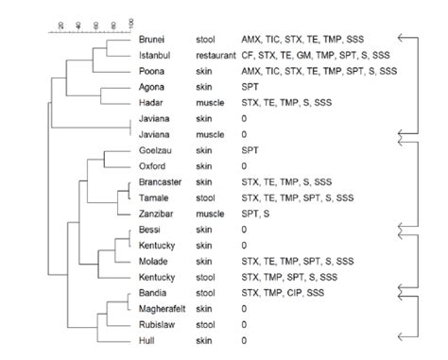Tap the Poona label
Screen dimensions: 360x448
click(x=151, y=71)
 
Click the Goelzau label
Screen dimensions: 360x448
click(x=154, y=150)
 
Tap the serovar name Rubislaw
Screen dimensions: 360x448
click(x=156, y=324)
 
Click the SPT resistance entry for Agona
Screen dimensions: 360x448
click(x=250, y=87)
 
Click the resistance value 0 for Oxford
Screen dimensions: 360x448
click(x=244, y=166)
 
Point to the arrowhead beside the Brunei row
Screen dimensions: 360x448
click(x=401, y=39)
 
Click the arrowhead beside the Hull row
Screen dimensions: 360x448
click(x=401, y=338)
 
